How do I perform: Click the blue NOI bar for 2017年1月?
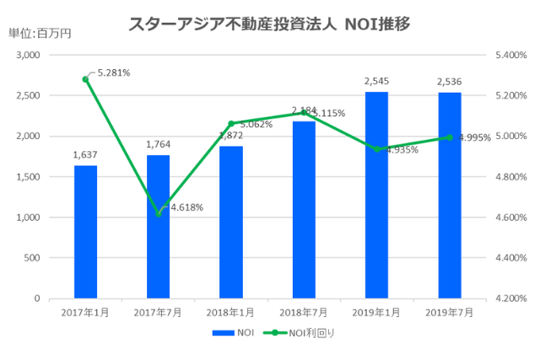(85, 232)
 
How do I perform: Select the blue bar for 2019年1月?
(376, 195)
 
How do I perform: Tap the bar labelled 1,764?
(158, 227)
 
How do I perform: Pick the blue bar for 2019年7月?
(449, 196)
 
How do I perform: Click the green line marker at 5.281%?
(85, 79)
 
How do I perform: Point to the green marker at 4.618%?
(158, 213)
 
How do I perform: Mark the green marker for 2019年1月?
(376, 149)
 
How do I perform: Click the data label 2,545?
(376, 82)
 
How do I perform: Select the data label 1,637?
(85, 155)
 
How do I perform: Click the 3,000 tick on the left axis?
(30, 55)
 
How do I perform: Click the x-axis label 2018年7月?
(304, 312)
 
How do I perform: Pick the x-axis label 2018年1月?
(230, 312)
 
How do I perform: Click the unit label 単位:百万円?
(40, 33)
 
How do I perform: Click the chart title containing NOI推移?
(269, 24)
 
